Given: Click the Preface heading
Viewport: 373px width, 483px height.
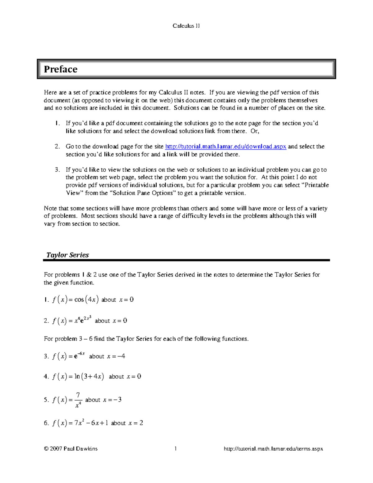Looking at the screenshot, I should click(x=61, y=69).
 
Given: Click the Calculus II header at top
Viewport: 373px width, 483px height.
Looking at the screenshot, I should click(x=186, y=26).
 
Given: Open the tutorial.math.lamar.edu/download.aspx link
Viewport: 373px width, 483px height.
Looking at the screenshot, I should click(x=225, y=146).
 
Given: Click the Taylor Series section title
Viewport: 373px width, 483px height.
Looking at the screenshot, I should click(x=67, y=255).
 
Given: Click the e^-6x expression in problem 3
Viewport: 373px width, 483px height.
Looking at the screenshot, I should click(x=79, y=356).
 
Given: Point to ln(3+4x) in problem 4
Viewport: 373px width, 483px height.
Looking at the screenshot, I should click(x=89, y=377).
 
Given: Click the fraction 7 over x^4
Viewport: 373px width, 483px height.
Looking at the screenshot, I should click(x=78, y=400).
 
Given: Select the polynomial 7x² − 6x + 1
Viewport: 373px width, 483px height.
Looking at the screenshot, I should click(x=91, y=423).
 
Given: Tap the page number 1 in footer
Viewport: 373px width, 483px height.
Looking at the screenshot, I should click(x=176, y=448).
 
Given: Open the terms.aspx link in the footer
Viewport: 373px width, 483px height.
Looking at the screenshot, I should click(x=273, y=449).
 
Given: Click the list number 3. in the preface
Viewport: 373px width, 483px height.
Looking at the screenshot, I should click(x=57, y=170).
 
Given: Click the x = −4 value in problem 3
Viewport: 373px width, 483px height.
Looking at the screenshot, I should click(x=116, y=356).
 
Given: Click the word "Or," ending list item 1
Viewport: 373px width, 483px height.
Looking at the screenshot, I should click(x=255, y=131).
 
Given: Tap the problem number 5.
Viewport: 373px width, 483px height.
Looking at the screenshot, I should click(x=46, y=400).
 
